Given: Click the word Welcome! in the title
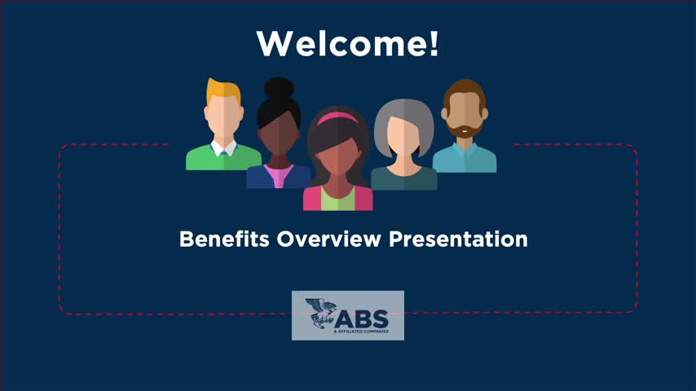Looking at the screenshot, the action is point(347,43).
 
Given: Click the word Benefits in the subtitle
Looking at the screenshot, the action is point(224,239).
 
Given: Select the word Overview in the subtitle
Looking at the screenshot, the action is point(329,239).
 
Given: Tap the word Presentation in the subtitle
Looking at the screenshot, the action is point(458,239).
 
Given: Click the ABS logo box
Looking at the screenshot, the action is point(347,315).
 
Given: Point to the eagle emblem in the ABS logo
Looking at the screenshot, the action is point(320,313).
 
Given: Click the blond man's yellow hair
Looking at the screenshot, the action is point(223,90).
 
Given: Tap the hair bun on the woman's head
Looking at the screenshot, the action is point(279,88).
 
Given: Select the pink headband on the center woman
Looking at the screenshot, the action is point(337,118).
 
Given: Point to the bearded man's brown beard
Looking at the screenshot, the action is point(464,130).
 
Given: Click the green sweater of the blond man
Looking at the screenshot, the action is point(223,160).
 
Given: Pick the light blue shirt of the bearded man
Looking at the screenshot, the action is point(465,159).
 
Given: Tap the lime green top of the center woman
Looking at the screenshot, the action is point(337,200).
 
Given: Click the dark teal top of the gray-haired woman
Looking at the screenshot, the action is point(404,179).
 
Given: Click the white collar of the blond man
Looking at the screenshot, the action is point(223,149).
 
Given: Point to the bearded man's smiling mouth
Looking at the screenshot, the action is point(464,130).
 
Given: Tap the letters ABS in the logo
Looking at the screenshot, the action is point(361,319).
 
